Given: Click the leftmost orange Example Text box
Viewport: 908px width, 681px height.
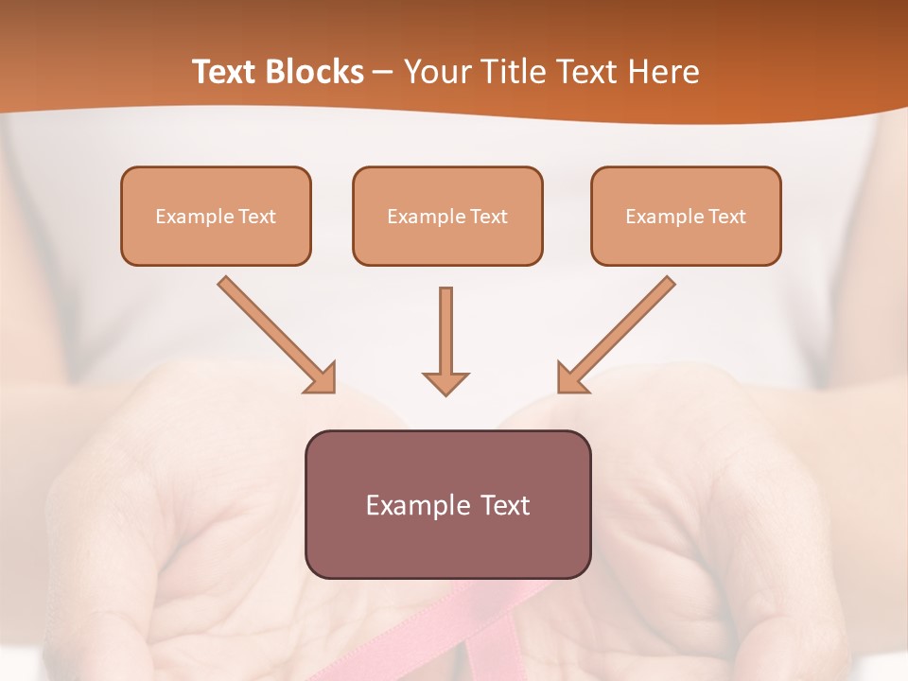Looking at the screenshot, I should coord(216,216).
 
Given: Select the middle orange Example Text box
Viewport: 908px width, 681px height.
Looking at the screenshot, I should coord(447,216).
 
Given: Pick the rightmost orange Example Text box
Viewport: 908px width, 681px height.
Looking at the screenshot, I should coord(686,216).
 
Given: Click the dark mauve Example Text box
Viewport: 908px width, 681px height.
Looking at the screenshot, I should coord(447,504).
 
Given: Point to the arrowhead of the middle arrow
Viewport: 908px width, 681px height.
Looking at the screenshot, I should coord(445,383).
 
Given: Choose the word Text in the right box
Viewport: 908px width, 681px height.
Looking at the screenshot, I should coord(726,217).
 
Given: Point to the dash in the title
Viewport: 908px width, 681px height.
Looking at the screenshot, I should coord(383,72).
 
